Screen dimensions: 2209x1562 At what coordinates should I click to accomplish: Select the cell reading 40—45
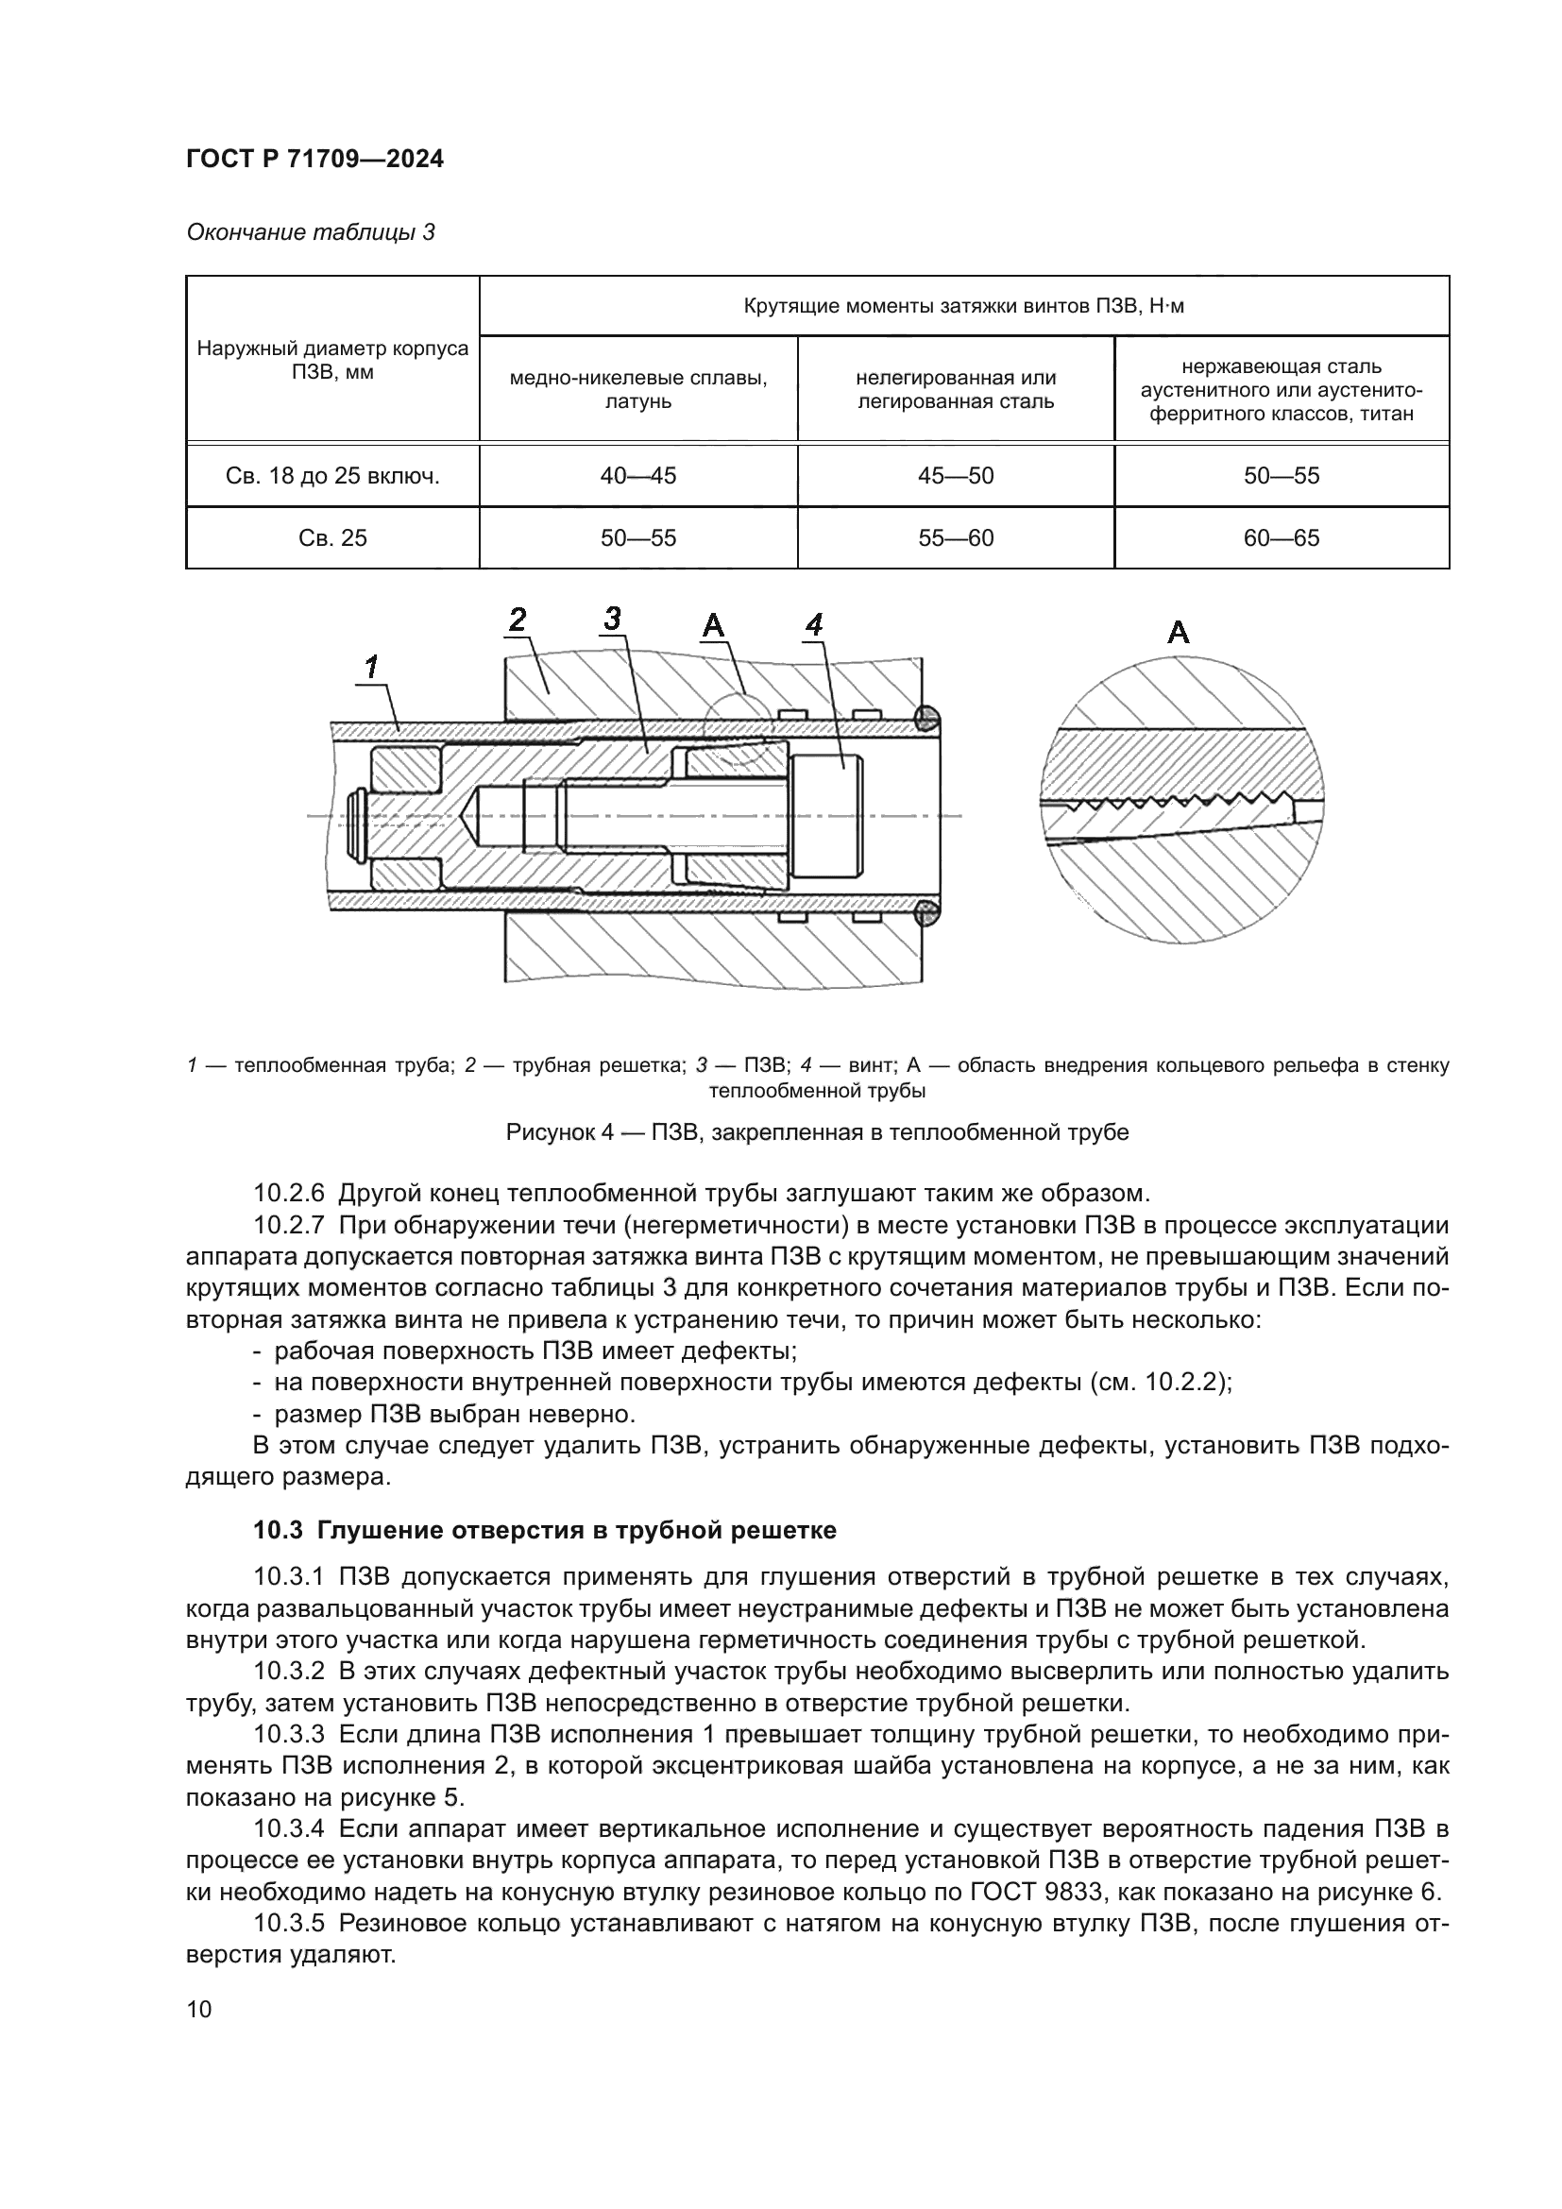click(637, 475)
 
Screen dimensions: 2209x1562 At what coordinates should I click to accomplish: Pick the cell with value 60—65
click(1282, 537)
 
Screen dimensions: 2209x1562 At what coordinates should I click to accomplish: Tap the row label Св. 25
click(332, 537)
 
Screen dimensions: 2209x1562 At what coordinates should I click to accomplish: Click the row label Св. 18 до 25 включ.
click(332, 475)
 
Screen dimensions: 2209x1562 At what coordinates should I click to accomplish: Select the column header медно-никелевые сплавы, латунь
click(637, 389)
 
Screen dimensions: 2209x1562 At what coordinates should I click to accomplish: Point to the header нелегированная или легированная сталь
click(955, 389)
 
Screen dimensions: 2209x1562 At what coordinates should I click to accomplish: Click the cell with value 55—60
click(955, 537)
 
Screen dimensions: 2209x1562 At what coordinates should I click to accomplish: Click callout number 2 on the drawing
click(518, 620)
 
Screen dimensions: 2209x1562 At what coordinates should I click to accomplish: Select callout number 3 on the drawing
click(613, 619)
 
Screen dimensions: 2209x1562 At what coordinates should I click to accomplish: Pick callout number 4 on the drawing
click(814, 625)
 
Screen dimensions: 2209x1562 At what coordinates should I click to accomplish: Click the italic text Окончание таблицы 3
click(310, 232)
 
